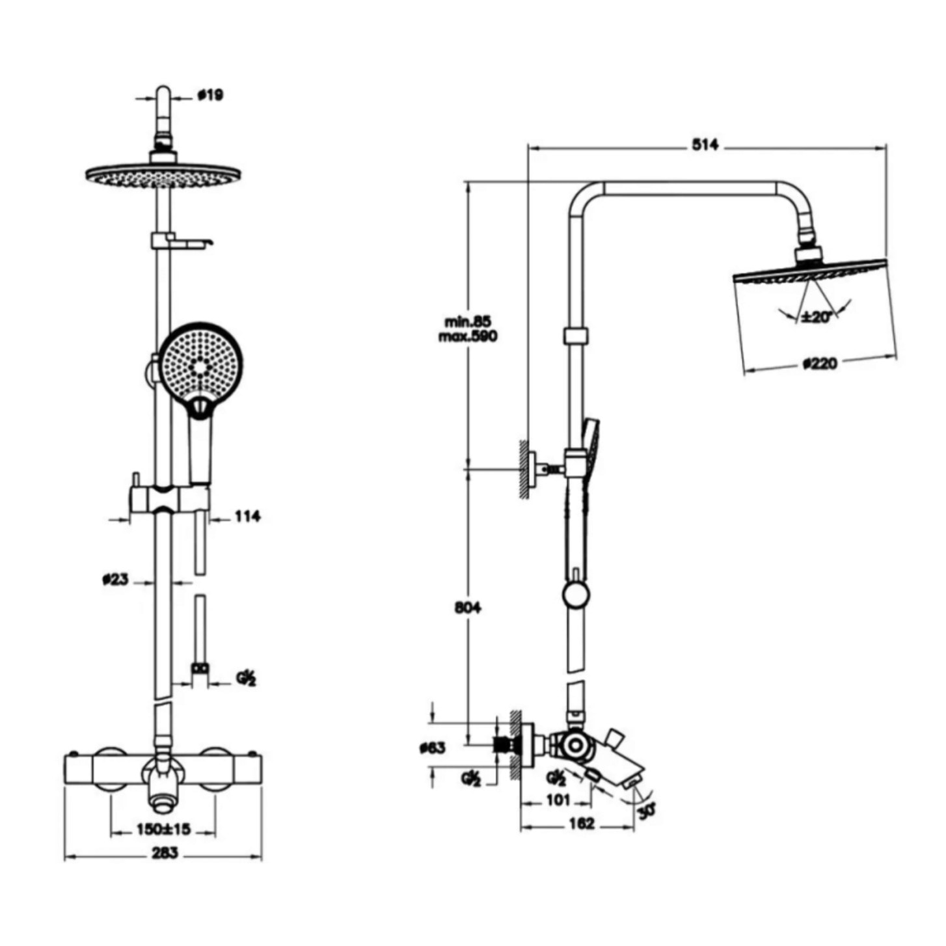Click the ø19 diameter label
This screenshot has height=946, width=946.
tap(210, 95)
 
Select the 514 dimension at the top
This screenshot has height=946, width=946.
tap(705, 146)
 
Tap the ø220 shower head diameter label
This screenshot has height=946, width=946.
tap(820, 363)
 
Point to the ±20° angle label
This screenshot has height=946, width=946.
tap(817, 317)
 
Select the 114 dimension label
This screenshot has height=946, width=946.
tap(247, 517)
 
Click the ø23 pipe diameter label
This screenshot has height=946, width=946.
tap(115, 579)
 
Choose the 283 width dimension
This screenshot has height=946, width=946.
tap(163, 853)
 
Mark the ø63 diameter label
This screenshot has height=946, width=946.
tap(433, 748)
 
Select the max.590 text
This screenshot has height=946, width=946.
tap(467, 336)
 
